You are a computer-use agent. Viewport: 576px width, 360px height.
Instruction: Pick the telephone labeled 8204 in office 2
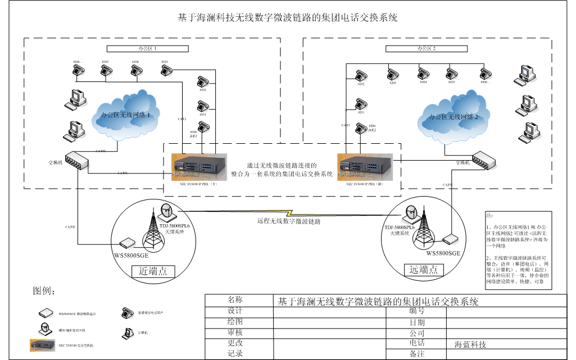tap(423, 73)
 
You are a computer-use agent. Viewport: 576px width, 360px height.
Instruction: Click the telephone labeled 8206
tap(485, 73)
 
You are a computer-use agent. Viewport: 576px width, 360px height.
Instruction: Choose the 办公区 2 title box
tap(427, 49)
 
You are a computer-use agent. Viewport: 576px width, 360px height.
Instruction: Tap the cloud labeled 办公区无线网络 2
tap(453, 117)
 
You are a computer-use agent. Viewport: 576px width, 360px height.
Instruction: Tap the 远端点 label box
tap(424, 270)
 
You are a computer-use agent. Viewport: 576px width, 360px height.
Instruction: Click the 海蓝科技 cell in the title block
tap(471, 344)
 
